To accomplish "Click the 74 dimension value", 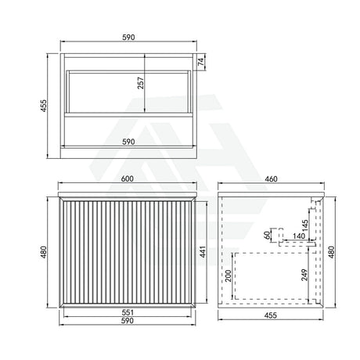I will [x=201, y=62].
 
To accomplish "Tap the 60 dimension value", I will [x=266, y=234].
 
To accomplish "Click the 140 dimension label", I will [x=298, y=236].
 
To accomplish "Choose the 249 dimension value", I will [x=304, y=276].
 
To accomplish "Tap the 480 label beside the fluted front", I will [x=45, y=252].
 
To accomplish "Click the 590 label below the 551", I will [x=127, y=320].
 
